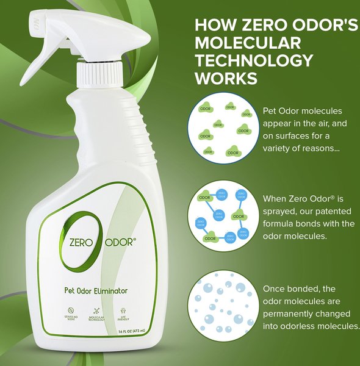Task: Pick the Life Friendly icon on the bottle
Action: click(124, 312)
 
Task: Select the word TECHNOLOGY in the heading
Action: click(254, 60)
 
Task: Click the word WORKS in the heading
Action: click(225, 78)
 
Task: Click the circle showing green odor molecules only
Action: click(222, 128)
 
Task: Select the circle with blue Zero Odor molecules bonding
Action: click(222, 217)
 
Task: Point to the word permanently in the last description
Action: click(293, 314)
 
